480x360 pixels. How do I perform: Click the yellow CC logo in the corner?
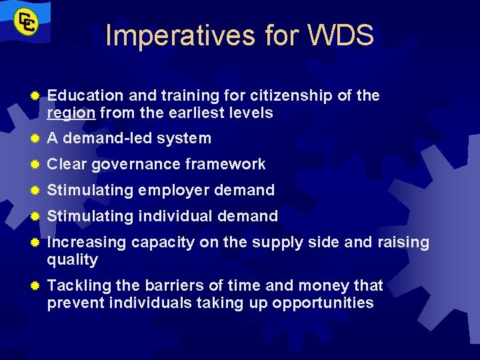[27, 23]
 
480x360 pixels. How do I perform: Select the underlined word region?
[71, 113]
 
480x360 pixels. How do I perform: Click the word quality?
[72, 260]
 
